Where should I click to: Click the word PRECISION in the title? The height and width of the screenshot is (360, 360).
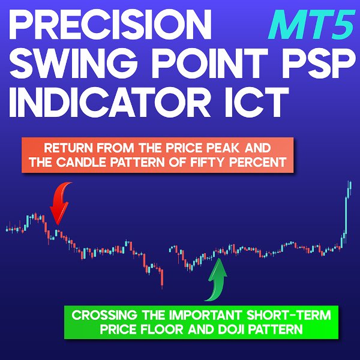110,25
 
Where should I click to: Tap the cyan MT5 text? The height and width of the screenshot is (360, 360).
311,25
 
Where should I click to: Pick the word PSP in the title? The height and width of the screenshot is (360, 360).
319,64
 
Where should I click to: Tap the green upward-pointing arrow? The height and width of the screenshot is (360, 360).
216,280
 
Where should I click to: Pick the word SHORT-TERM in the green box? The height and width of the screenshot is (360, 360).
289,315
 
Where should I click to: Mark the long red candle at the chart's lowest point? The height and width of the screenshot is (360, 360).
162,278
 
